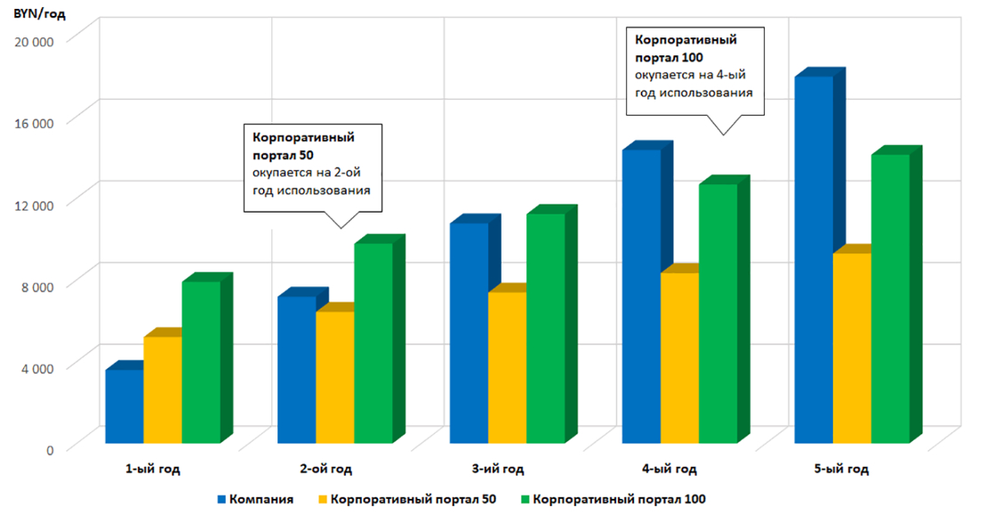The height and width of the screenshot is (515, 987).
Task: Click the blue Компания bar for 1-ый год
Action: click(x=124, y=406)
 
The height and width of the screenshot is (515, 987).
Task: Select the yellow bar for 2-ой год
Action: click(x=335, y=377)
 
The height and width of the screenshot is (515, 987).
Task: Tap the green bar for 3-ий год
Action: click(x=545, y=328)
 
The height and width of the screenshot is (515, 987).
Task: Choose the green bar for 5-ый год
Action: click(x=890, y=299)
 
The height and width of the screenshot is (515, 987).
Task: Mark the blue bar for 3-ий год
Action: click(x=469, y=333)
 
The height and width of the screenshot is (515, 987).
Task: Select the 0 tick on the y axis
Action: click(x=51, y=449)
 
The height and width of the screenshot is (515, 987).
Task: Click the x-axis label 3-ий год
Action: click(x=498, y=469)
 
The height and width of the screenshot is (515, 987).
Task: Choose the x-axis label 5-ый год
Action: click(x=843, y=469)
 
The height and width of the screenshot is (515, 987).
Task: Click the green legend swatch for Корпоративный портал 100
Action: click(x=526, y=499)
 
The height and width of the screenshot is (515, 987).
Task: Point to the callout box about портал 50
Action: click(x=313, y=168)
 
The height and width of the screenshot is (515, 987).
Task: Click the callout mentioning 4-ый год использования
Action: click(x=695, y=71)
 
